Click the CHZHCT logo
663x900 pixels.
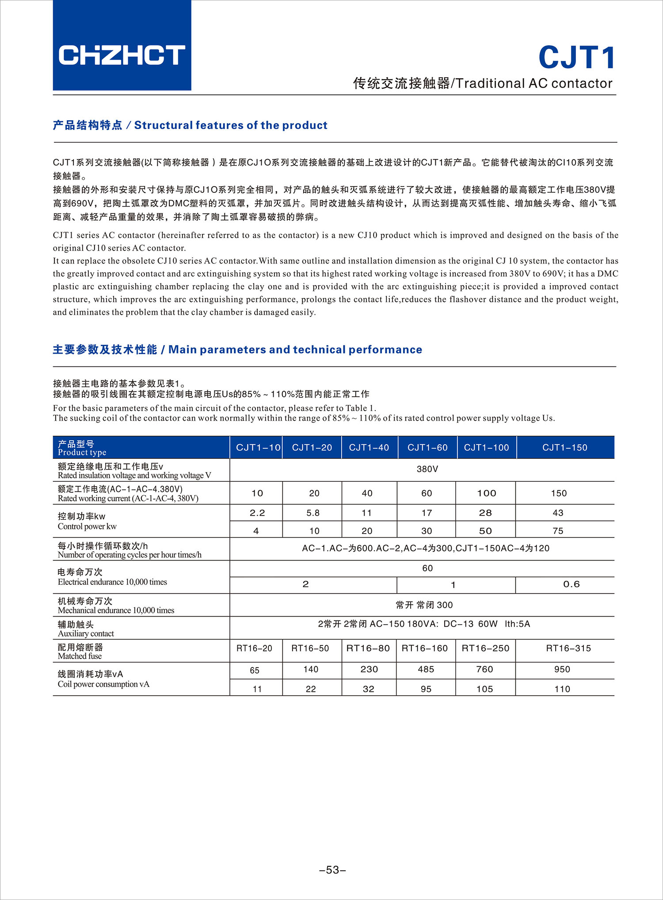point(122,55)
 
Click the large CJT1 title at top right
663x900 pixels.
point(576,57)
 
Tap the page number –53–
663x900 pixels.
point(332,870)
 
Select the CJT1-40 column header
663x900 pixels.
point(369,447)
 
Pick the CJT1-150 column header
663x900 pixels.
point(564,447)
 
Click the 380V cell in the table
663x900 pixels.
point(427,469)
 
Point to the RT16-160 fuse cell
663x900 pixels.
point(424,648)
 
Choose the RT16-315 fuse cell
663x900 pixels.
point(568,648)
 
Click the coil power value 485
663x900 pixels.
point(426,669)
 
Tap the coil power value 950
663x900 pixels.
point(562,669)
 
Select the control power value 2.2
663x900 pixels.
point(257,513)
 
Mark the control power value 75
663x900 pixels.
point(558,531)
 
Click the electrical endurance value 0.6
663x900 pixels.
point(571,584)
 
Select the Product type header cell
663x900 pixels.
point(82,448)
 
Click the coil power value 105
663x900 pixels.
point(484,689)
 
